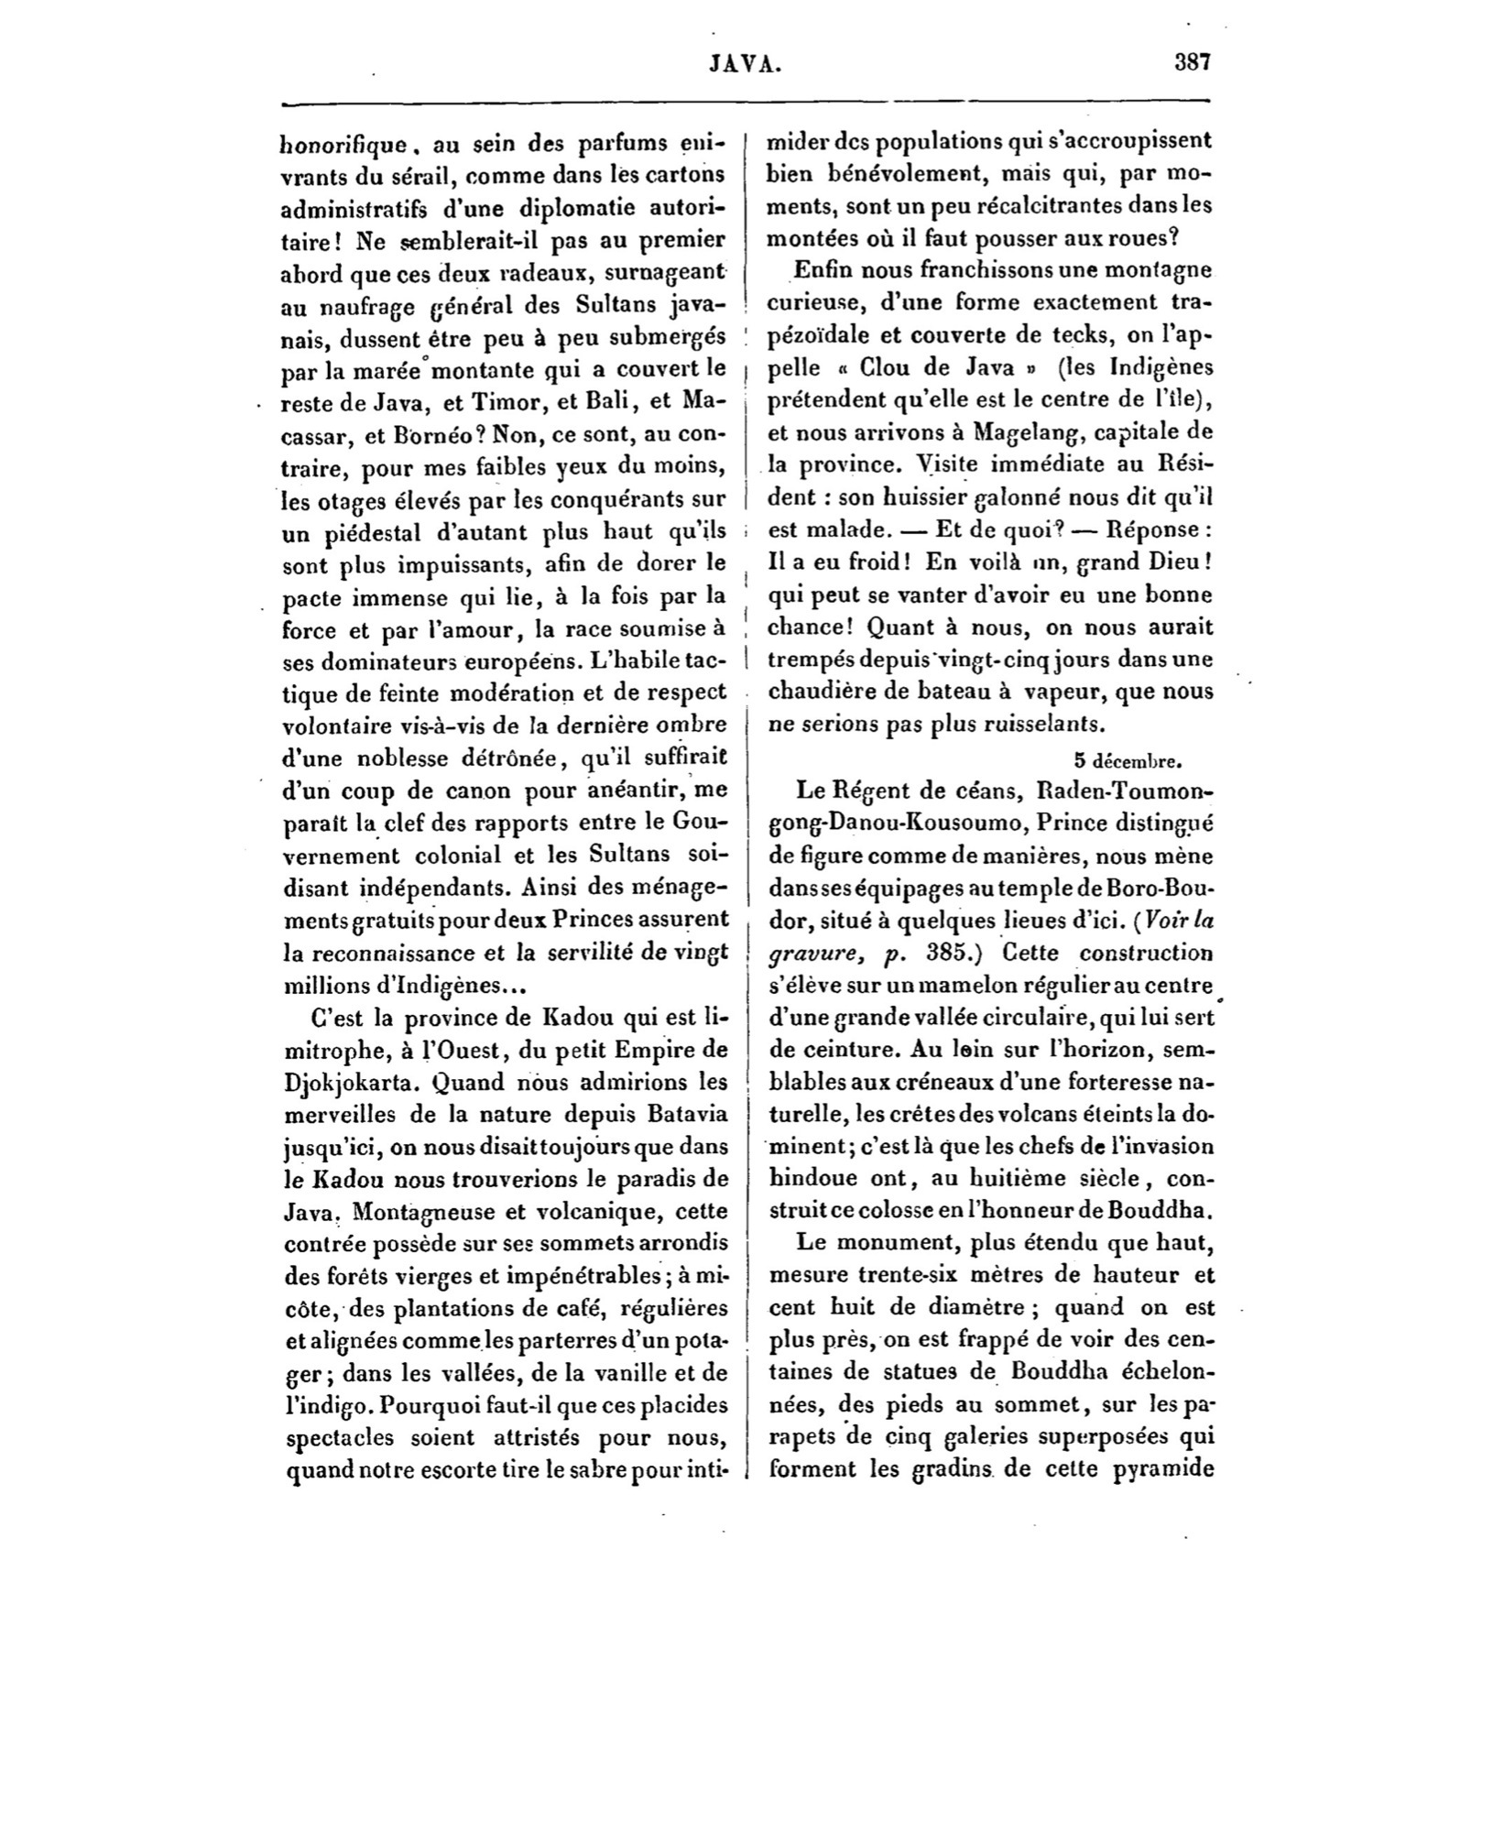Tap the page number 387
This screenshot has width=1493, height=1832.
click(1193, 62)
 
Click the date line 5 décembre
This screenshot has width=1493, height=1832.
click(1130, 758)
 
